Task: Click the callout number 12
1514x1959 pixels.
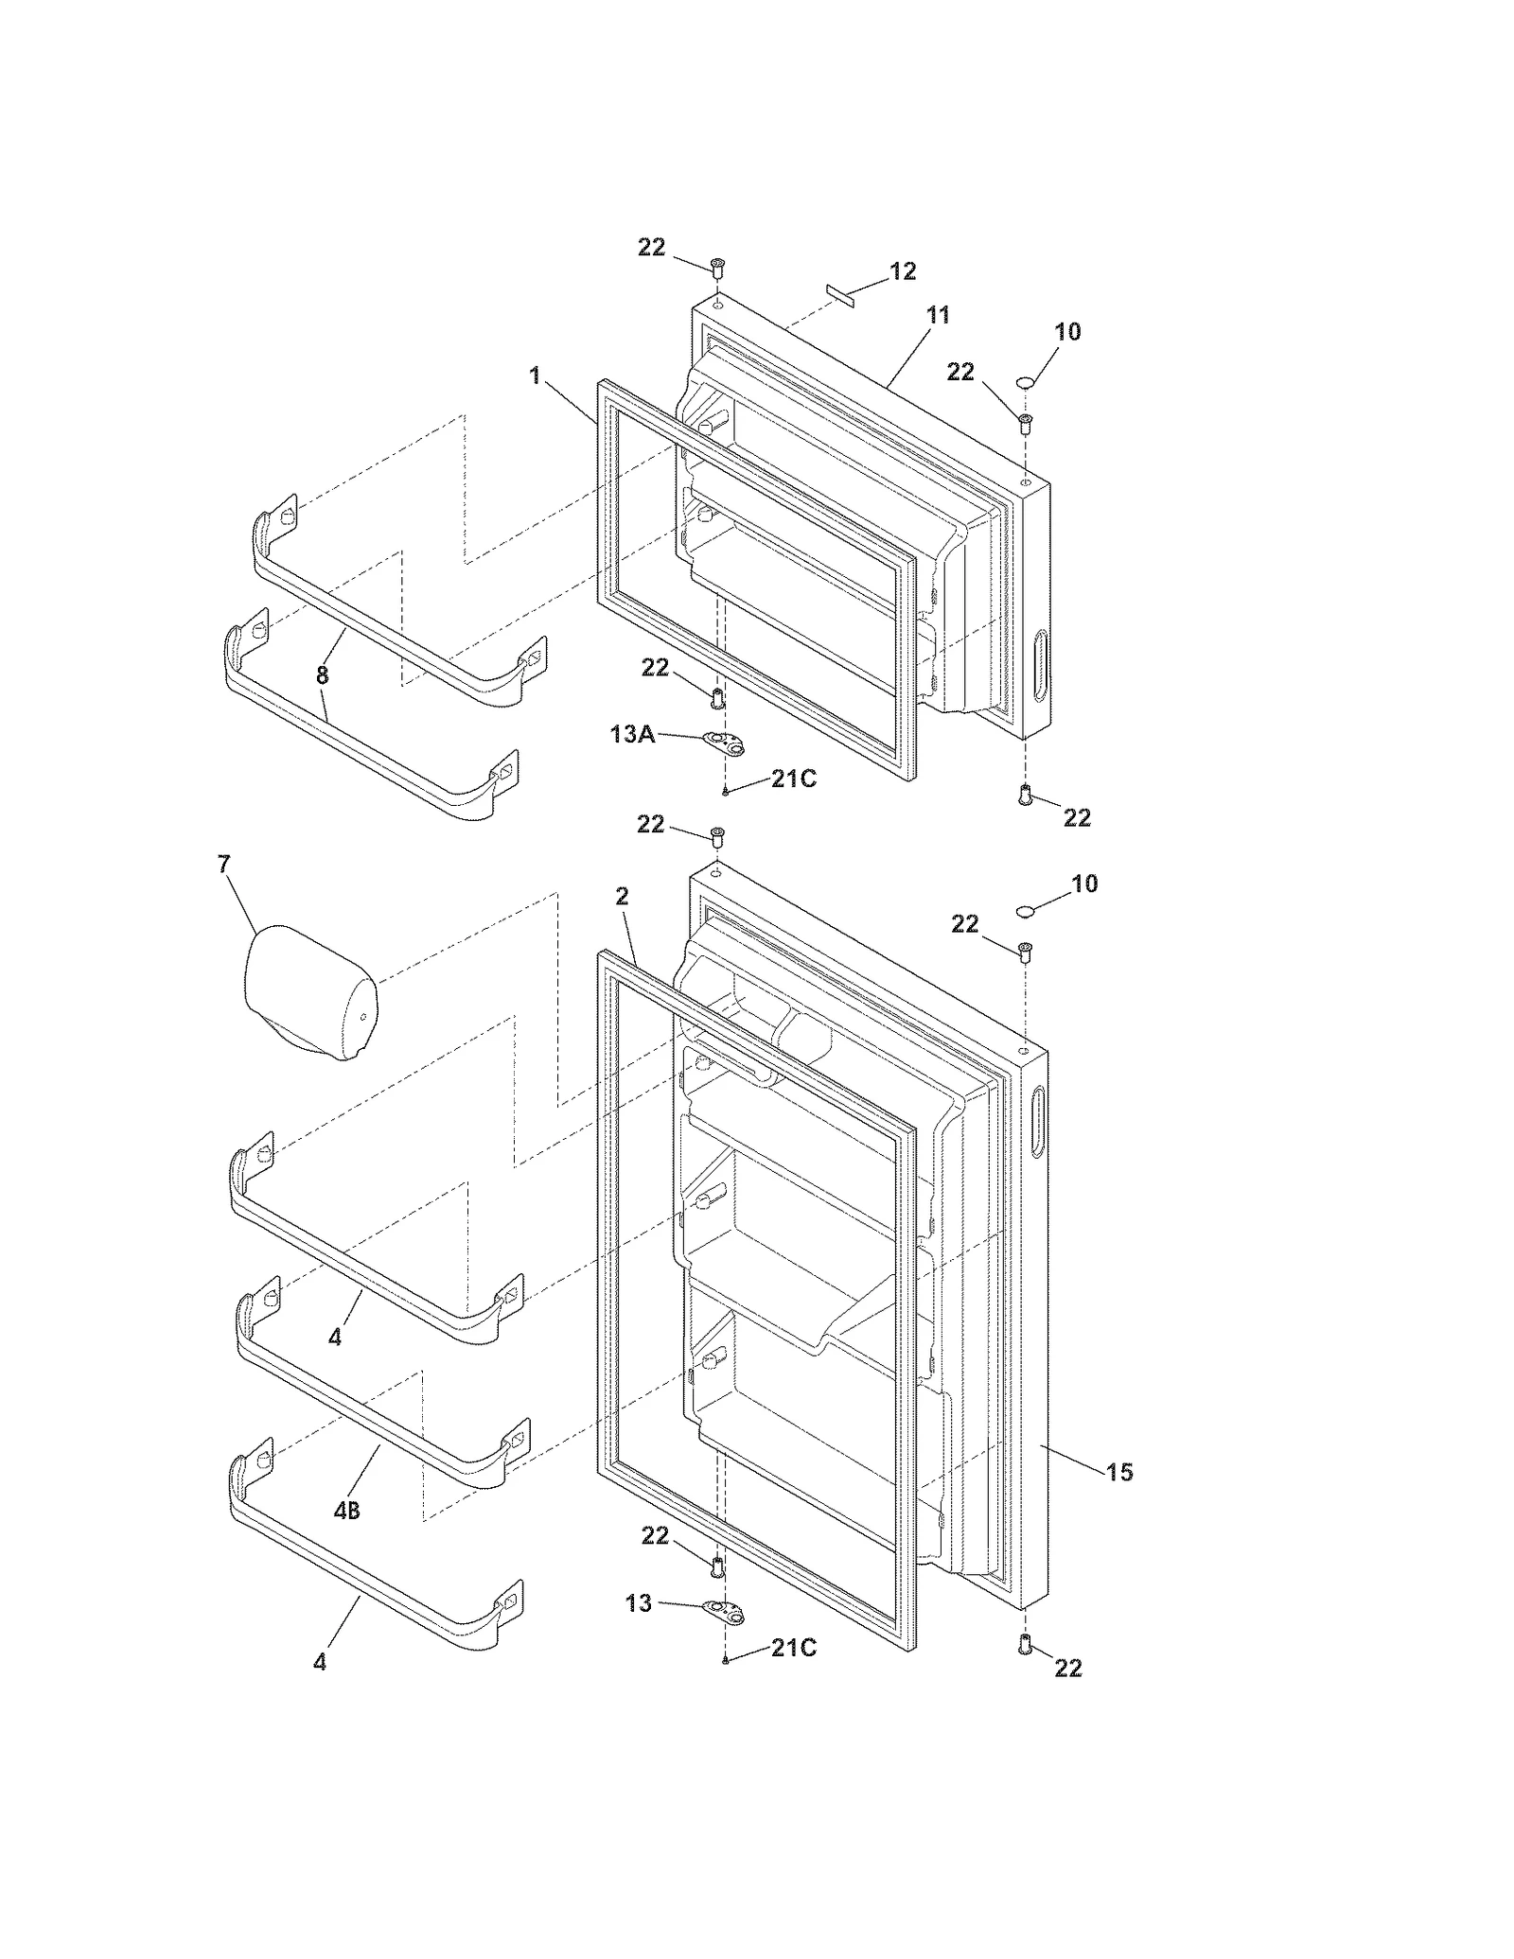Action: [903, 271]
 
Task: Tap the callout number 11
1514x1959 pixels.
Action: [937, 315]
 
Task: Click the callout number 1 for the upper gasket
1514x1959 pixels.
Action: [536, 376]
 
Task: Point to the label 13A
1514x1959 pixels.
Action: [633, 733]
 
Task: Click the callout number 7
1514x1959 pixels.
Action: [224, 865]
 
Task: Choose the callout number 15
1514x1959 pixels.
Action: [1119, 1471]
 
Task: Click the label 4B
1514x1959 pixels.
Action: [347, 1511]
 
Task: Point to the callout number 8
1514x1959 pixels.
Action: [323, 675]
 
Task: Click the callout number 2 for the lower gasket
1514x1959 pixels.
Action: [622, 896]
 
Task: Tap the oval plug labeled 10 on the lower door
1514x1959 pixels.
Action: [1026, 910]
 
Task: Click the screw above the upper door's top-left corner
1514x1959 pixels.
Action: [716, 269]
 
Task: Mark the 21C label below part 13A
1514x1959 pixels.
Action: [793, 779]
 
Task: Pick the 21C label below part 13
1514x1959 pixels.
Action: [793, 1648]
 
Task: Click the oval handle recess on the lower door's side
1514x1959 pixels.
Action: [1038, 1123]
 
